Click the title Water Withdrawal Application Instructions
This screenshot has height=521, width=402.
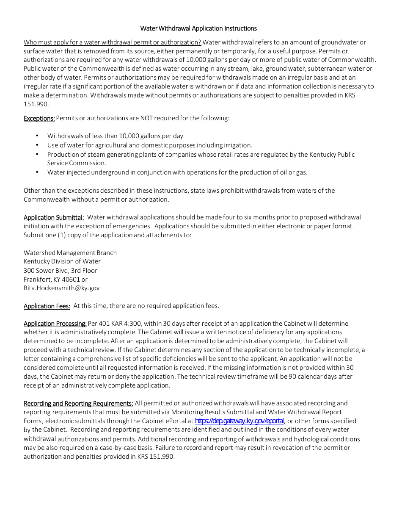tap(198, 28)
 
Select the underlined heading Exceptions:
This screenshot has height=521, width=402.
tap(39, 118)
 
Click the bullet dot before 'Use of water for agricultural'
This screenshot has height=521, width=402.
tap(37, 145)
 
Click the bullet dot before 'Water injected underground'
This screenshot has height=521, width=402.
tap(37, 172)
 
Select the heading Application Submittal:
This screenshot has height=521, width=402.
tap(54, 217)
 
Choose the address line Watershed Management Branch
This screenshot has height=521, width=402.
tap(70, 253)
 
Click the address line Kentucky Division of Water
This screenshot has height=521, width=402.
tap(62, 261)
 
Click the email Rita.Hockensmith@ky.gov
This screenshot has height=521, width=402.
tap(62, 288)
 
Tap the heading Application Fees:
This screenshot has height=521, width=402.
tap(47, 306)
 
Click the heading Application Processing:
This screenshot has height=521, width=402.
tap(55, 324)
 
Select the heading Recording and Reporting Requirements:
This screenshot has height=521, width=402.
tap(78, 403)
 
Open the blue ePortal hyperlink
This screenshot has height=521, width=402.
tap(240, 421)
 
